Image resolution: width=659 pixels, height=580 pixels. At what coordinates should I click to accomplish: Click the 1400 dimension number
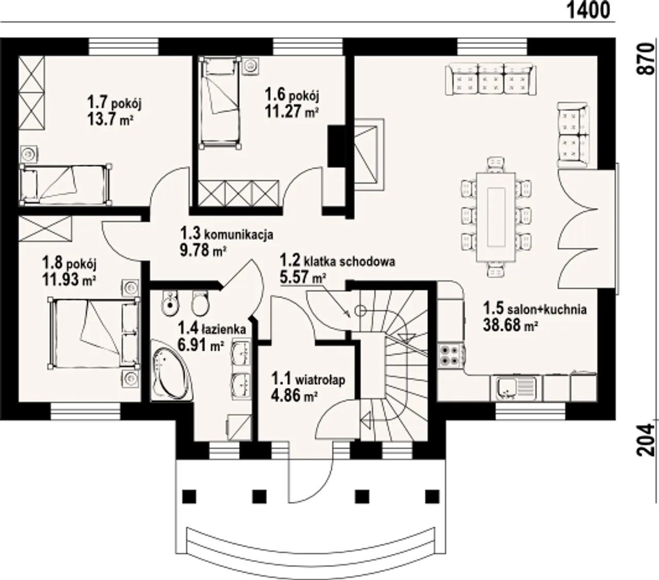pos(588,11)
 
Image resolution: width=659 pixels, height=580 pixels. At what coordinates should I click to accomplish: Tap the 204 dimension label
pos(646,440)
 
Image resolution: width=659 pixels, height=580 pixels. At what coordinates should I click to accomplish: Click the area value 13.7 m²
pos(110,120)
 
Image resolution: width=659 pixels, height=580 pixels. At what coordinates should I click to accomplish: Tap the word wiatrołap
pos(320,380)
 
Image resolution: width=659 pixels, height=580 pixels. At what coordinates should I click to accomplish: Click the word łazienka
pos(223,329)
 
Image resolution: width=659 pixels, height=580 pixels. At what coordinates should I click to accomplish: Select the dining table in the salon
pos(496,217)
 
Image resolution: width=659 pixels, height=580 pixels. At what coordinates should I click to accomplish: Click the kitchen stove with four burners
pos(450,356)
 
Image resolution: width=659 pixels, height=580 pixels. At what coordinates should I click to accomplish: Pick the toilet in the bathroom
pos(200,302)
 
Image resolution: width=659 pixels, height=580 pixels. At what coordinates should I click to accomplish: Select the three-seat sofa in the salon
pos(491,79)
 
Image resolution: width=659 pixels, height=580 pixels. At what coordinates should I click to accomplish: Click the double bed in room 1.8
pos(94,333)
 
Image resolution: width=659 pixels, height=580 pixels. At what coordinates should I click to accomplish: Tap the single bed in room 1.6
pos(221,103)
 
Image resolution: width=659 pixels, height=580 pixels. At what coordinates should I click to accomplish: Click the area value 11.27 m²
pos(291,112)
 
